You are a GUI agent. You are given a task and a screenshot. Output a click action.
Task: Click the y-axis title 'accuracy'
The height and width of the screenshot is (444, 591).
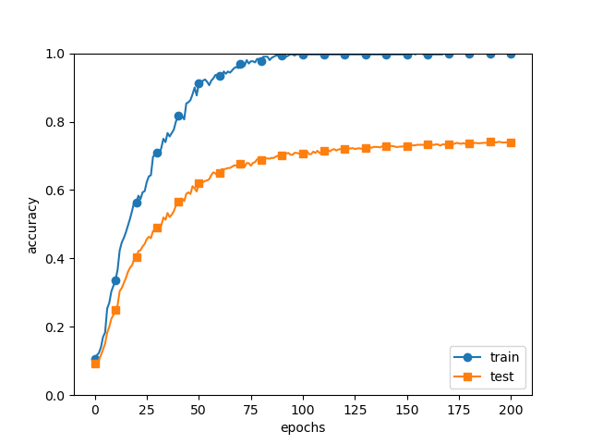tap(32, 225)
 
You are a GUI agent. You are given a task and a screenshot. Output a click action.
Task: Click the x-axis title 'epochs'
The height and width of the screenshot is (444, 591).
tap(303, 428)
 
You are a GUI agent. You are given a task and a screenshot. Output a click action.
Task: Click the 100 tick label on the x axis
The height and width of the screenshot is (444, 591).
tap(303, 410)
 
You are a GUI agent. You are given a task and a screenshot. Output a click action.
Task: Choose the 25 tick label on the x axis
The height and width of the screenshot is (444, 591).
tap(147, 410)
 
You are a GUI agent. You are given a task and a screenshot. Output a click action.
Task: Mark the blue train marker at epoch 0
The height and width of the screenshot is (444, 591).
tap(95, 359)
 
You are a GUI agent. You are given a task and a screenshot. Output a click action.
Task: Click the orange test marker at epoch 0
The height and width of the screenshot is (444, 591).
tap(95, 364)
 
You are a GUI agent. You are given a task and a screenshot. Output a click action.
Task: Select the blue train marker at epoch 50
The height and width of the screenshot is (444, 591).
tap(199, 83)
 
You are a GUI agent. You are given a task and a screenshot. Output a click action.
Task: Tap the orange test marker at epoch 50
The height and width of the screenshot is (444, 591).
tap(199, 183)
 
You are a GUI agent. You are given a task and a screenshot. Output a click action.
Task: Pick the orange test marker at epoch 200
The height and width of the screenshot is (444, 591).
tap(511, 142)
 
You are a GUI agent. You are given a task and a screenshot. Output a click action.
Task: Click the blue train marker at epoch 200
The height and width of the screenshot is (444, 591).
tap(511, 54)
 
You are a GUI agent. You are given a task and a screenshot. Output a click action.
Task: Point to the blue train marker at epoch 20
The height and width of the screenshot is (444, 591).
tap(137, 203)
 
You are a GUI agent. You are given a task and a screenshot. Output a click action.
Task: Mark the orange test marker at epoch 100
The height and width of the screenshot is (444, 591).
tap(303, 154)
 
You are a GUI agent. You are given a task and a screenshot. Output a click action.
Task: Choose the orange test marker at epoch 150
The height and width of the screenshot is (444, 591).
tap(407, 146)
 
